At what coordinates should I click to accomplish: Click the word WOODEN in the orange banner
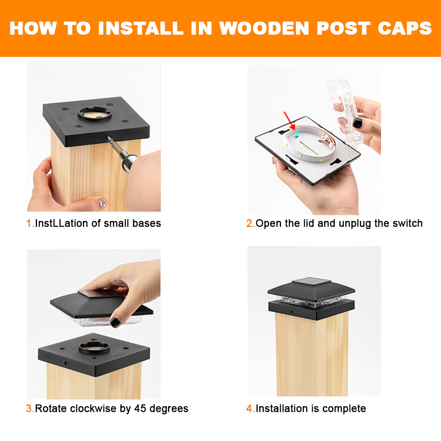coord(264,28)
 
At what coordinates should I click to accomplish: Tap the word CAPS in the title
coord(404,28)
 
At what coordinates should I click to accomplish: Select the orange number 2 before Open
coord(250,223)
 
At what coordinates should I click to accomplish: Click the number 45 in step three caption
coord(140,408)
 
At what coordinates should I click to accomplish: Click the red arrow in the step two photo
coord(289,120)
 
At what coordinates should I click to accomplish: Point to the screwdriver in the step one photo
coord(121,153)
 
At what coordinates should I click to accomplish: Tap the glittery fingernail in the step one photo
coord(102,202)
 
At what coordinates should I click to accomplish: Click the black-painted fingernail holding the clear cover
coord(357,123)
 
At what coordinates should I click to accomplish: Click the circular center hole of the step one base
coord(94,113)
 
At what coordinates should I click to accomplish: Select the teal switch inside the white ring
coord(296,134)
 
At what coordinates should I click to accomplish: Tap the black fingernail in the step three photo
coord(115,322)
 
